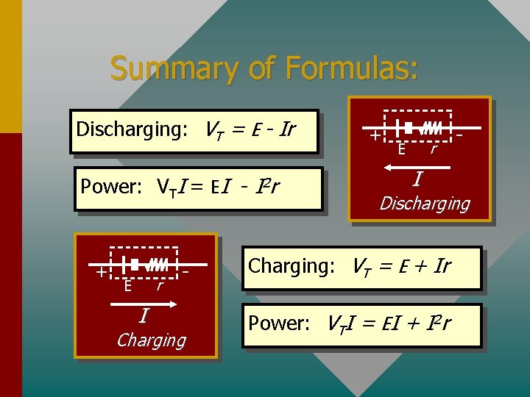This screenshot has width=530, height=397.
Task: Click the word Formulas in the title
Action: (352, 68)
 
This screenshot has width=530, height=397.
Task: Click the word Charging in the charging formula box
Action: (291, 265)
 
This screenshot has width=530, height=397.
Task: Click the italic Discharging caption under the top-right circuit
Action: (424, 203)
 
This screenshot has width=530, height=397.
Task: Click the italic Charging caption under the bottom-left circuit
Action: (151, 340)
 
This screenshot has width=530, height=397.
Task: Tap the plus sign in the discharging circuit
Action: (375, 136)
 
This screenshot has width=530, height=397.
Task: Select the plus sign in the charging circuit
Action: (100, 272)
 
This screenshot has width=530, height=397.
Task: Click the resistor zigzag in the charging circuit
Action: (158, 263)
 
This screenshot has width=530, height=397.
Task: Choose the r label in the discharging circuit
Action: (434, 150)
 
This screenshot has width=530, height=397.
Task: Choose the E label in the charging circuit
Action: (128, 285)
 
